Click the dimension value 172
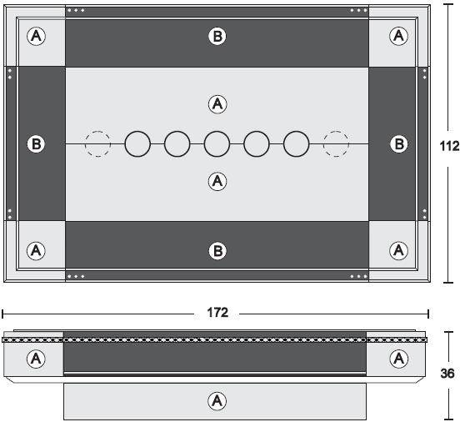click(x=217, y=313)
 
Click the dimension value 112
click(x=449, y=146)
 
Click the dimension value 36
click(x=447, y=374)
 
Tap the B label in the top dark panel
click(x=217, y=36)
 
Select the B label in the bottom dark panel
click(x=217, y=251)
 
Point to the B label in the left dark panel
click(x=36, y=144)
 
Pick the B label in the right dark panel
click(x=399, y=144)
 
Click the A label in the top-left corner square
click(x=36, y=36)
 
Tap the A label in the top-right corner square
click(x=398, y=36)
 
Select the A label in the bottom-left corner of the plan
click(x=36, y=251)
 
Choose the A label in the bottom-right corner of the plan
click(x=398, y=251)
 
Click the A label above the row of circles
click(x=217, y=104)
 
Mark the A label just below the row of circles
click(x=217, y=181)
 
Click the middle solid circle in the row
click(x=217, y=132)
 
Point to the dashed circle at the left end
click(x=97, y=132)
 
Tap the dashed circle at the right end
click(x=336, y=132)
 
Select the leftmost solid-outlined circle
click(x=137, y=132)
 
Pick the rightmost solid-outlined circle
click(x=297, y=132)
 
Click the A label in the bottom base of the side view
click(x=217, y=401)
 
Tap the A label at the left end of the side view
click(x=36, y=359)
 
